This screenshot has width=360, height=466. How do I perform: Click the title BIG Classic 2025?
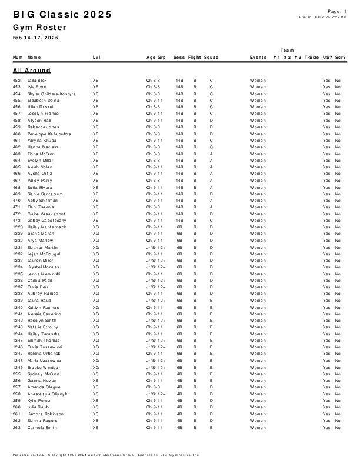click(x=62, y=15)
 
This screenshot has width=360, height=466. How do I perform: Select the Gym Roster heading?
click(x=39, y=28)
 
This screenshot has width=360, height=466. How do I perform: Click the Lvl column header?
click(x=96, y=58)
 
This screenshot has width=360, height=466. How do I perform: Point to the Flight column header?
click(x=194, y=58)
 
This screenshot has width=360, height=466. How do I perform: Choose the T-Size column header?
click(x=312, y=58)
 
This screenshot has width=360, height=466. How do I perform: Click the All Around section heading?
click(x=32, y=70)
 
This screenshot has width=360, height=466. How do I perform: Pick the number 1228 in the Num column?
click(x=18, y=227)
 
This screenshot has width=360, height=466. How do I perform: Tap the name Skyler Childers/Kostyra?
click(x=52, y=94)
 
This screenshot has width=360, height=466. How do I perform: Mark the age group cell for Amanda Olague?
click(x=153, y=387)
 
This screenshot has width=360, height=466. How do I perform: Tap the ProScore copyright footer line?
click(x=106, y=455)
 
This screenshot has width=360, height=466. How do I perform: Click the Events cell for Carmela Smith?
click(x=258, y=427)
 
